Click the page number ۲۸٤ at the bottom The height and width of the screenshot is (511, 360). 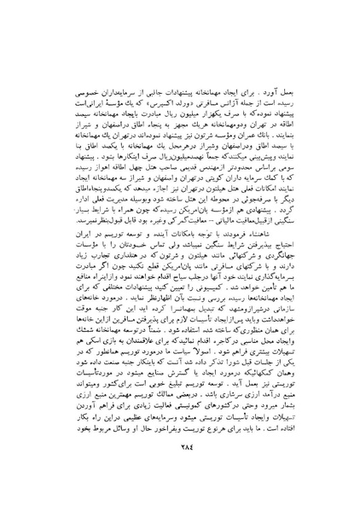180,455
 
